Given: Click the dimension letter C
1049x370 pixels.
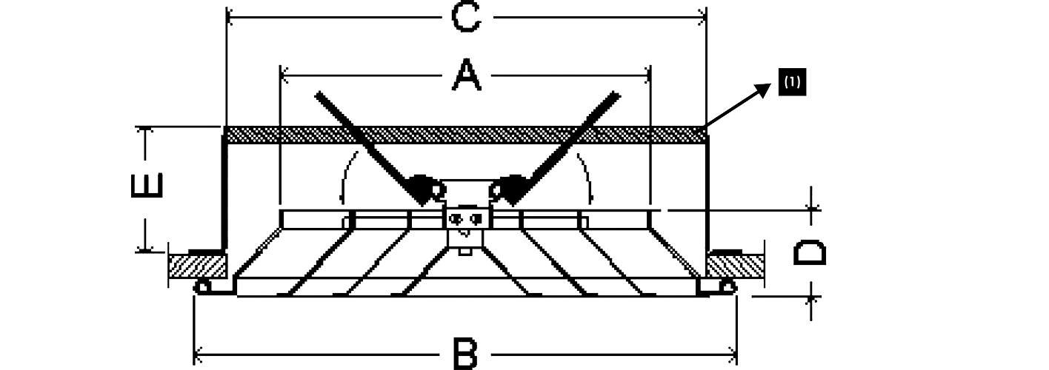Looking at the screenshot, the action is coord(466,17).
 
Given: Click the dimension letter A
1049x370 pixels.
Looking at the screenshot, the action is coord(466,75).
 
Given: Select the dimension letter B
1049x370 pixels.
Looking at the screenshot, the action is coord(465,354).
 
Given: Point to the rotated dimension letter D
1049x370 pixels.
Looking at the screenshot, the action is coord(810,251).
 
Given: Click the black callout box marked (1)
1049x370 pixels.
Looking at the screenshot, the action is coord(792,82).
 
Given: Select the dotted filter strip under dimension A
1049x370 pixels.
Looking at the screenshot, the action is coord(465,134).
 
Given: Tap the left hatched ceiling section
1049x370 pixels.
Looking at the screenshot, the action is coord(197,266).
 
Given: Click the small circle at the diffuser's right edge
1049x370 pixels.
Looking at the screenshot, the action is coord(728,287).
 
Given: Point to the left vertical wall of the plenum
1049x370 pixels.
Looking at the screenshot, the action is coord(223,189).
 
